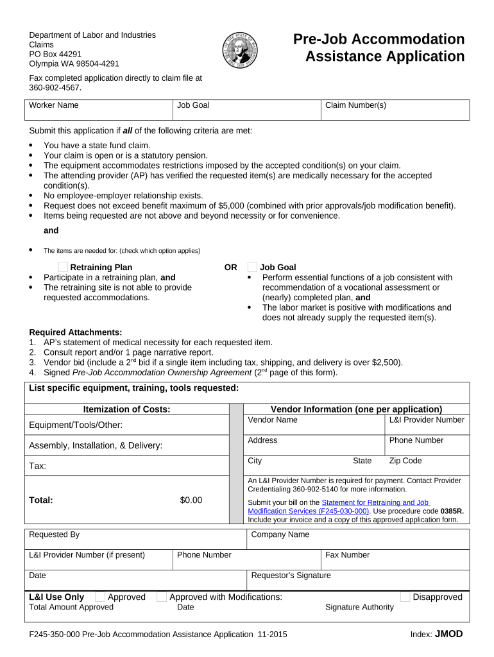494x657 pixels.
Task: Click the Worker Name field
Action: click(99, 110)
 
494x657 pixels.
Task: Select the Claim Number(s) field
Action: click(395, 110)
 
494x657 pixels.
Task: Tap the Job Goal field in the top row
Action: click(246, 110)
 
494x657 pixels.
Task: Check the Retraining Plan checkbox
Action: click(63, 267)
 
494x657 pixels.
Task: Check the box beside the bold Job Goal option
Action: click(252, 267)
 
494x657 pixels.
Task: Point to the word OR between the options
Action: click(230, 267)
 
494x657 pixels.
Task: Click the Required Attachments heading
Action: click(76, 332)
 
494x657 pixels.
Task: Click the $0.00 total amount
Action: click(191, 500)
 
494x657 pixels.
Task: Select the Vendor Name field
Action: click(314, 425)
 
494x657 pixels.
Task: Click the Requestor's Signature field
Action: click(358, 580)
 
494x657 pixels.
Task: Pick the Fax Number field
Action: click(395, 559)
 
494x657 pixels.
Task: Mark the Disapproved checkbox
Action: click(405, 597)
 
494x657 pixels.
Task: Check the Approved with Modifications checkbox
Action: click(162, 597)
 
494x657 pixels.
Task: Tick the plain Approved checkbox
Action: click(100, 597)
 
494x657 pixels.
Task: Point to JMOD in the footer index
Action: click(448, 634)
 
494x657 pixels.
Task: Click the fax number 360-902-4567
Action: click(55, 87)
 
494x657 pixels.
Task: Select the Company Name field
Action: click(358, 539)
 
